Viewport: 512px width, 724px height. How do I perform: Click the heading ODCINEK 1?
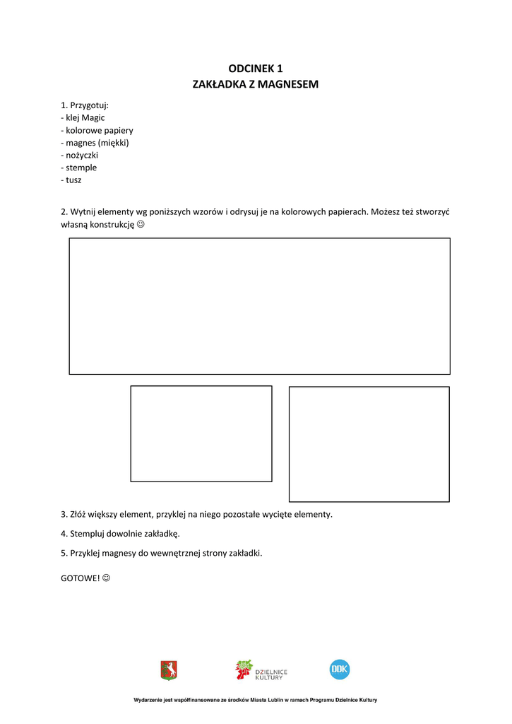coord(256,69)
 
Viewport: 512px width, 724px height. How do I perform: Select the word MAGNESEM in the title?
coord(288,84)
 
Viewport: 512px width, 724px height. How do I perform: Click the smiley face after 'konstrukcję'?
coord(140,224)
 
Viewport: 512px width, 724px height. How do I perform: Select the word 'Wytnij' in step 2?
coord(83,211)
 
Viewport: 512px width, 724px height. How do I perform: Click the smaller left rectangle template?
coord(201,433)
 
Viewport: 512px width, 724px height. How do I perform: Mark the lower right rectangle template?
coord(369,444)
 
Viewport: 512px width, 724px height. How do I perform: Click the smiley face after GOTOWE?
coord(107,578)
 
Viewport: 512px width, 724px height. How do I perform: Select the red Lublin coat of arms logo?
coord(169,670)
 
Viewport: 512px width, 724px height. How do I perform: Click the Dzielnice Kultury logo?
coord(261,670)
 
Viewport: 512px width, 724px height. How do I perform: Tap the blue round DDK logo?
coord(340,669)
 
